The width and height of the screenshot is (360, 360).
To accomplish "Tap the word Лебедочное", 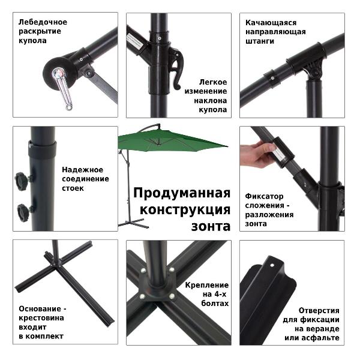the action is tap(43, 22).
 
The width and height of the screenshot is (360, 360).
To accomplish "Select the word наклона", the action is tap(211, 101).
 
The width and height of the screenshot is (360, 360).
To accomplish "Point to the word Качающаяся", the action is tap(271, 23).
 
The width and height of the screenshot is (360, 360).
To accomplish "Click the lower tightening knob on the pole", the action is tap(24, 212).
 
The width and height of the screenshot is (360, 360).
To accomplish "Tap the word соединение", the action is tap(85, 179).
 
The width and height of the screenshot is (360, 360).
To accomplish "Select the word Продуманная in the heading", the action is tap(182, 193).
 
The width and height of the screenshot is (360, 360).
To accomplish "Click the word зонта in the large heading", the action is tap(211, 226).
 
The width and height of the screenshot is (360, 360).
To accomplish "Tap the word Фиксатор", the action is tap(264, 197).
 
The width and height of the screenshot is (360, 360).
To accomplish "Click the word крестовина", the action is tap(41, 318).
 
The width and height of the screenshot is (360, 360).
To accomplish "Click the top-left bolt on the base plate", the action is tap(143, 271).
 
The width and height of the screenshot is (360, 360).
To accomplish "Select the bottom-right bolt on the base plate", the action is tap(172, 296).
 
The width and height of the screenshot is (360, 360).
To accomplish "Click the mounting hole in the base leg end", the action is tap(272, 265).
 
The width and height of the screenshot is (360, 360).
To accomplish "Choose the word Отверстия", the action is tap(319, 311).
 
